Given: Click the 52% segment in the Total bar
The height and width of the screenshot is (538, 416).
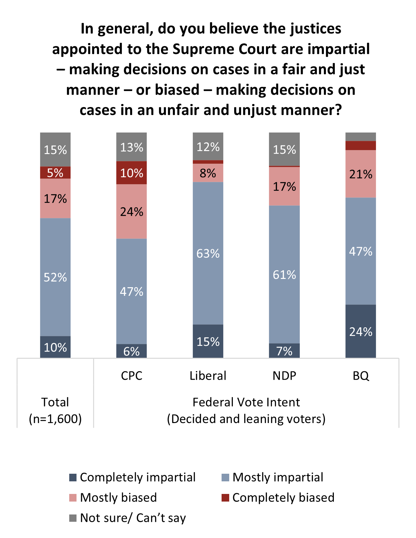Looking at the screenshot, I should (x=55, y=277).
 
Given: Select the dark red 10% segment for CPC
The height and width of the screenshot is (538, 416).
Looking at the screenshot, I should (x=131, y=173).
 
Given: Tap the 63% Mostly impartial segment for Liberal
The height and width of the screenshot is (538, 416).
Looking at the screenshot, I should (x=208, y=253).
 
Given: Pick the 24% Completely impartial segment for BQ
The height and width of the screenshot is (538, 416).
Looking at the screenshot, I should (x=361, y=331).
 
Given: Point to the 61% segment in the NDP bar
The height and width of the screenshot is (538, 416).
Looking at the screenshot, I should (x=284, y=274).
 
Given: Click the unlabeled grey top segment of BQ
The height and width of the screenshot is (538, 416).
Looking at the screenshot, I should (x=361, y=136).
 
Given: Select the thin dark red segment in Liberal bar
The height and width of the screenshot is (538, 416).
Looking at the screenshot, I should (x=208, y=162).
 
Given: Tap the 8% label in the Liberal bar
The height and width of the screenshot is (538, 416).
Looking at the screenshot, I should (x=208, y=173).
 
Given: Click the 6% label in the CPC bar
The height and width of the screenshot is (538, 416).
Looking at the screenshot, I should (x=131, y=351).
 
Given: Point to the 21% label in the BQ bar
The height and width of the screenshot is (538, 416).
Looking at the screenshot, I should (x=361, y=174).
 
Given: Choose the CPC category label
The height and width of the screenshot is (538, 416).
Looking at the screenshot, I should (x=131, y=376).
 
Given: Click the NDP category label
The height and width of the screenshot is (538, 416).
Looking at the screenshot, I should (x=284, y=376).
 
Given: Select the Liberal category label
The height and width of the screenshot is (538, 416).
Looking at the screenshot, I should (x=208, y=376).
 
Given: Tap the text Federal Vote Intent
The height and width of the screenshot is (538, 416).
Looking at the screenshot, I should (x=246, y=402).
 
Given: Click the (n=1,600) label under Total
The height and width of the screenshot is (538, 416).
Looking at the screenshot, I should (x=55, y=419).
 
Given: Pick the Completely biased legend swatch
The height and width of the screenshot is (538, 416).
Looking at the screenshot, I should (x=226, y=498).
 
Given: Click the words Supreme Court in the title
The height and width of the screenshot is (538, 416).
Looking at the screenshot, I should (x=225, y=49).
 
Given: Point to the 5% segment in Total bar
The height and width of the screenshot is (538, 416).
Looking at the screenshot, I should (x=55, y=173).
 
